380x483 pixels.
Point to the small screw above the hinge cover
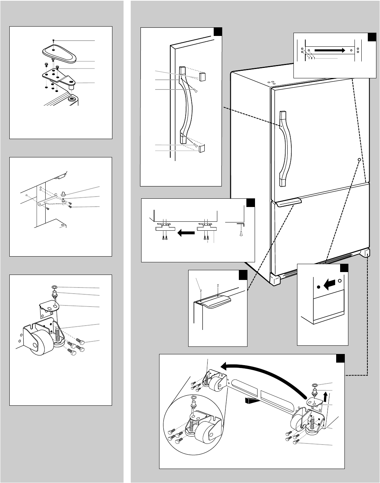point(53,40)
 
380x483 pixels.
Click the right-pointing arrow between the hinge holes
point(331,50)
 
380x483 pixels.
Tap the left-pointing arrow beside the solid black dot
point(329,285)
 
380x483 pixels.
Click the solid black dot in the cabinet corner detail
point(319,287)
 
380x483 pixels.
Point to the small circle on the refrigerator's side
point(359,159)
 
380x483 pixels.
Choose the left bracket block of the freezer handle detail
point(165,229)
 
